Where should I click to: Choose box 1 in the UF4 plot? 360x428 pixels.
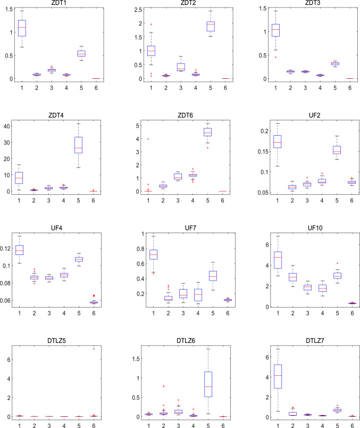click(22, 250)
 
